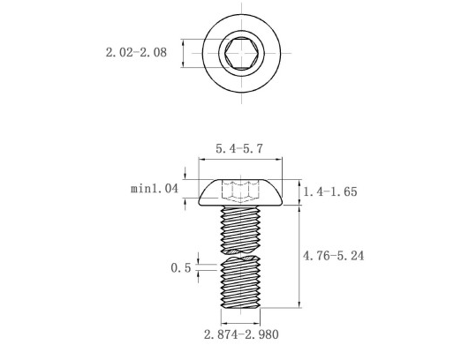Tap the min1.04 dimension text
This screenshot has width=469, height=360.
tap(155, 189)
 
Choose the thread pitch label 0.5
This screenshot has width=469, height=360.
tap(180, 267)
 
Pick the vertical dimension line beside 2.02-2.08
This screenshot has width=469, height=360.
tap(183, 53)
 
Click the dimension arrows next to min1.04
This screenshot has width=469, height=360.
tap(185, 189)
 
